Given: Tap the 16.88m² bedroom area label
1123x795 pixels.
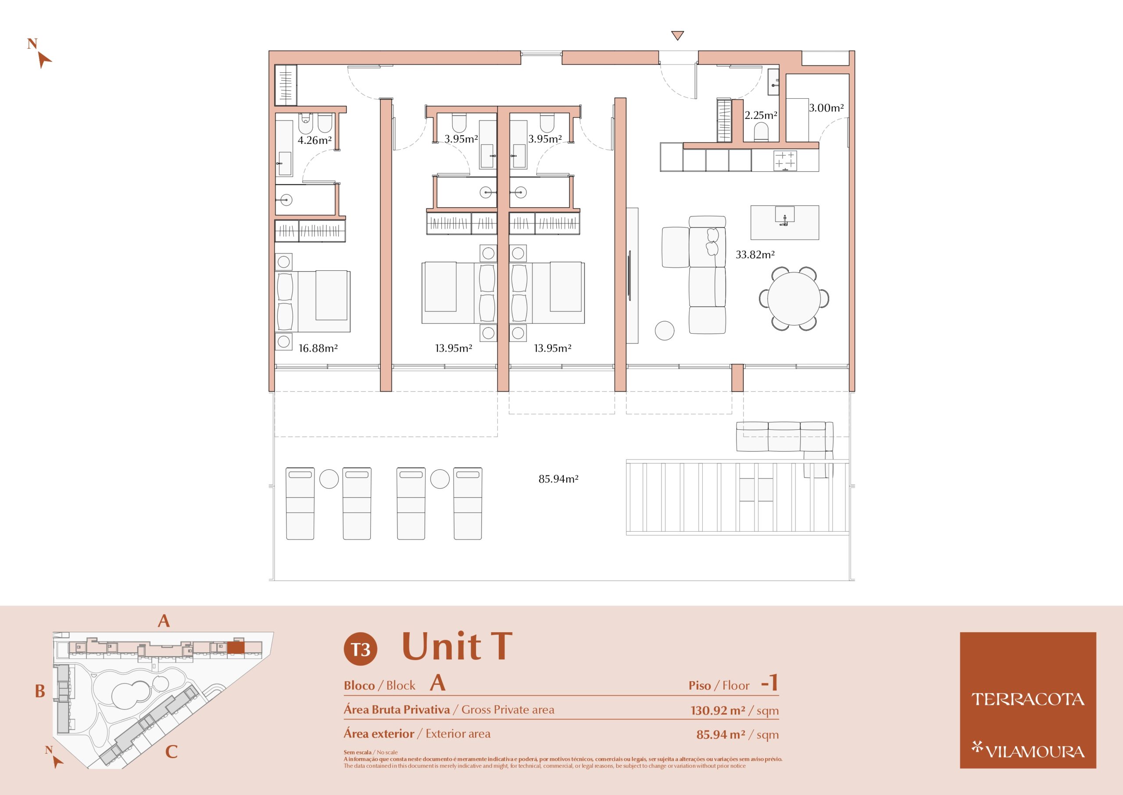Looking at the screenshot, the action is point(318,348).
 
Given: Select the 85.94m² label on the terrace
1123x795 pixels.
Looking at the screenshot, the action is point(558,479).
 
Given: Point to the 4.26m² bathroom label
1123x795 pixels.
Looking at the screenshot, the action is point(315,140).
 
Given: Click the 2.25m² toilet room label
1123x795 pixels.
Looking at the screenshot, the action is point(761,115).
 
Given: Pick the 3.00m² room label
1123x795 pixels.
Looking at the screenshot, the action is point(826,108).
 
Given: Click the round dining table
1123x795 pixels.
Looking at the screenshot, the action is point(794,298).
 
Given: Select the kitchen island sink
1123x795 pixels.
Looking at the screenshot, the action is point(784,216).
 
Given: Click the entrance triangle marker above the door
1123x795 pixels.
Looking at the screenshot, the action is point(677,35).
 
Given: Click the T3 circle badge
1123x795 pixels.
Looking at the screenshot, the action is point(361,649).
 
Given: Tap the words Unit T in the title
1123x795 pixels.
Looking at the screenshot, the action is point(457,646).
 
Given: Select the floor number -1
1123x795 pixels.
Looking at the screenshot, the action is point(769,683).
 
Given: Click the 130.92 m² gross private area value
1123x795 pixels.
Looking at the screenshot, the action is point(718,710).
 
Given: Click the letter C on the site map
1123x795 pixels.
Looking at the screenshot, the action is point(171,752).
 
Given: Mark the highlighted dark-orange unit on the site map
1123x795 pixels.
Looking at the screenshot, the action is point(236,648).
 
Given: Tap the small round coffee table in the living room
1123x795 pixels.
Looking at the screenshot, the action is point(664,331).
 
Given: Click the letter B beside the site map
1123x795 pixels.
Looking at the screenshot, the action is point(40,691).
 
